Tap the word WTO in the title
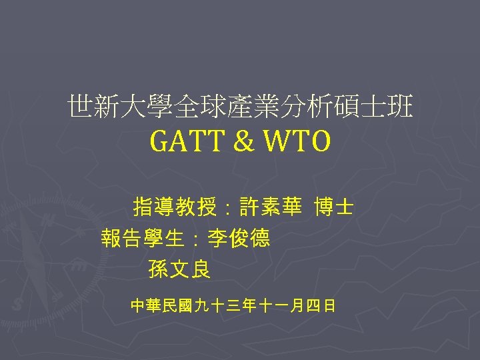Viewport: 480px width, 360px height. tap(297, 141)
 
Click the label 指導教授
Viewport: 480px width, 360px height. tap(175, 208)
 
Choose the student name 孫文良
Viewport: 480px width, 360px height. tap(179, 269)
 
